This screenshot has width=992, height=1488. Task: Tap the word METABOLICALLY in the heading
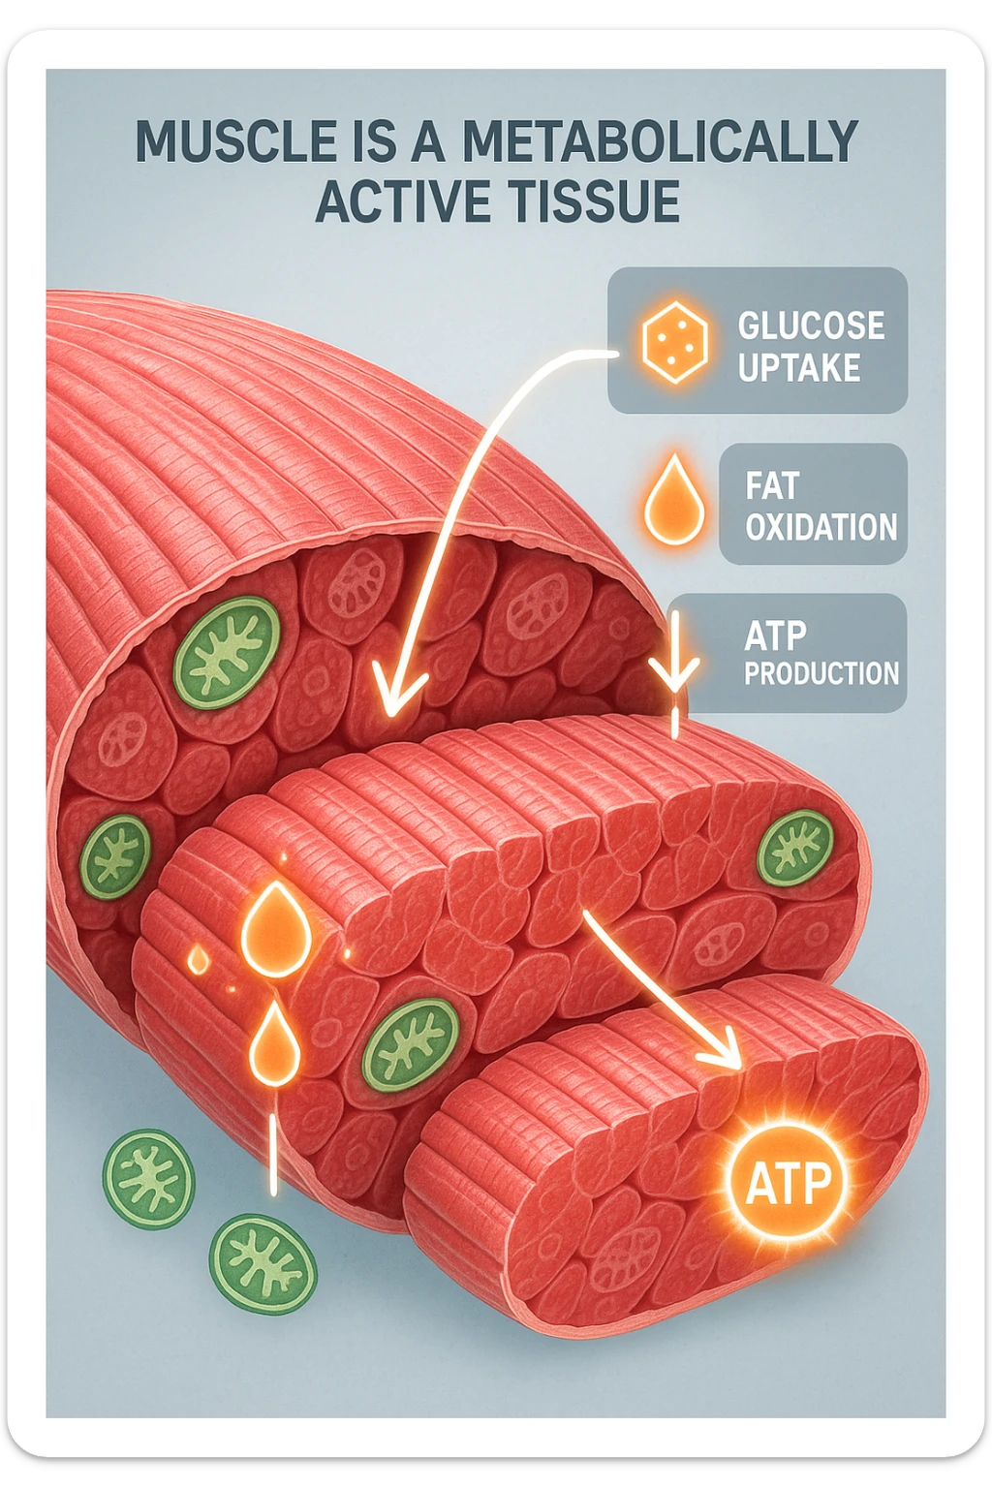point(660,142)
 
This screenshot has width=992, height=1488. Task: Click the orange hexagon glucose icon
point(674,341)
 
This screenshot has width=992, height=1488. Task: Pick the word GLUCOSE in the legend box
point(811,325)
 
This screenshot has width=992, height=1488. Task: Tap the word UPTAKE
point(799,368)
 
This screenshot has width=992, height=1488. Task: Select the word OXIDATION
point(821,527)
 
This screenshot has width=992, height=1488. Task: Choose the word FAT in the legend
point(772,485)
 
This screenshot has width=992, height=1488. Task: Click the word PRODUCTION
point(821,673)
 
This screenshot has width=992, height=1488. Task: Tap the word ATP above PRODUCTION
point(775,636)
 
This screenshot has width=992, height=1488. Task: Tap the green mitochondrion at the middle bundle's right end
point(795,848)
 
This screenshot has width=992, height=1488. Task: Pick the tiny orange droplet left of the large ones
point(198,960)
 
